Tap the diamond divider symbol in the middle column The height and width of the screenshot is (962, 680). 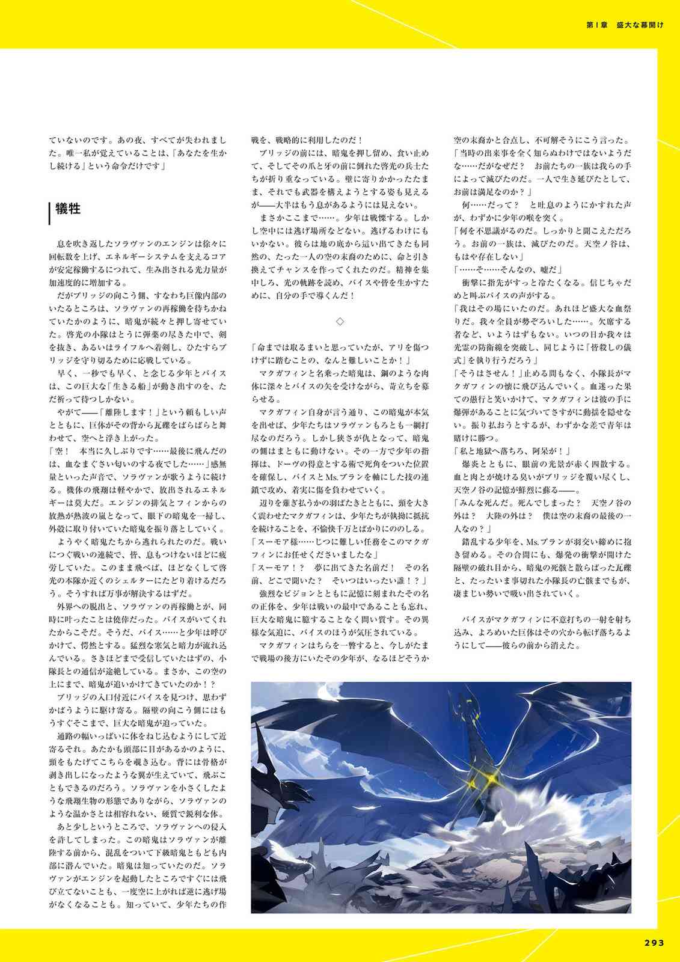tap(340, 322)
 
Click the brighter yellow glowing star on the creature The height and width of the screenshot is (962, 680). tap(492, 777)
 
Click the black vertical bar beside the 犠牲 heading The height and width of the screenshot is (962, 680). tap(49, 212)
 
